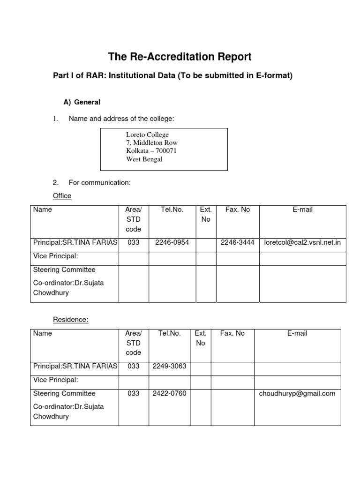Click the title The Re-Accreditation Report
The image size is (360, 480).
point(180,57)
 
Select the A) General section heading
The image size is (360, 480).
point(82,102)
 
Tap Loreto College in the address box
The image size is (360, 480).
point(147,135)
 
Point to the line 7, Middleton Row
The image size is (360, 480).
point(152,143)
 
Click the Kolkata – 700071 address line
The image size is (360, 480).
point(151,151)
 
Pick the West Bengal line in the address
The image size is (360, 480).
point(144,159)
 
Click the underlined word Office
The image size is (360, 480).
point(62,196)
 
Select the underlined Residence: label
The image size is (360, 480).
point(70,320)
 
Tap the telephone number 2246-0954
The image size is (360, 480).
point(172,242)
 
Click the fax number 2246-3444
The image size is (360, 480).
point(238,242)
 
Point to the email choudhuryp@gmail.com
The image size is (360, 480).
point(297,394)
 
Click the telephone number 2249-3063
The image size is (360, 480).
point(169,366)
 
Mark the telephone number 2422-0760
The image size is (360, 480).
point(169,394)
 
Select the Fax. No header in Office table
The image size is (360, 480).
point(238,210)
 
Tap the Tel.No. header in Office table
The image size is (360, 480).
point(172,210)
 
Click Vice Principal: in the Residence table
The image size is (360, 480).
point(56,380)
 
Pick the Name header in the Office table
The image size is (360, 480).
point(43,210)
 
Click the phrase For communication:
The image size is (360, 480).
point(99,183)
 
